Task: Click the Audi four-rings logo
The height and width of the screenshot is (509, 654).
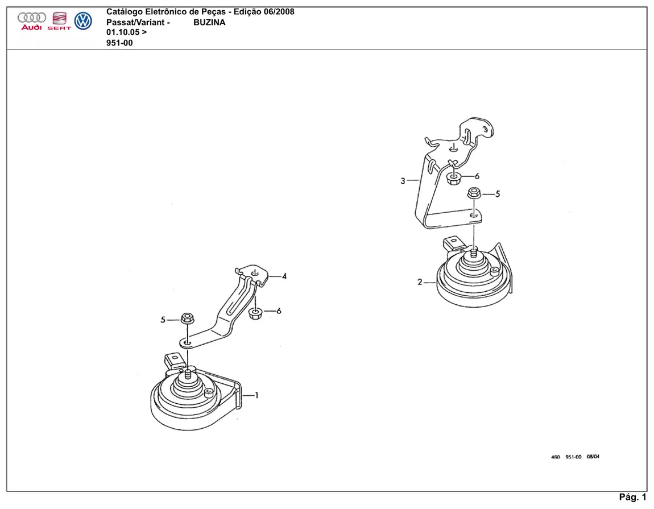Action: pos(32,18)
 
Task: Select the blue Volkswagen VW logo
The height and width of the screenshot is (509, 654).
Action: pos(83,21)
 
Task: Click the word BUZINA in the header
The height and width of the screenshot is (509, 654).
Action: pos(209,23)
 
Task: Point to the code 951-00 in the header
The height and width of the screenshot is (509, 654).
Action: pos(119,43)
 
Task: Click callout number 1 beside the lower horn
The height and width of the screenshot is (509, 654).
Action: pos(256,395)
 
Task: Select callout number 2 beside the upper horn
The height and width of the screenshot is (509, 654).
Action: pos(420,282)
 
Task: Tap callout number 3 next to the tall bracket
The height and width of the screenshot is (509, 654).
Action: pos(403,181)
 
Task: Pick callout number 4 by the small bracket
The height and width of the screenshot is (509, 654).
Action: pos(284,276)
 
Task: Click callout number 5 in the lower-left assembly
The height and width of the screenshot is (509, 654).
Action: pos(163,320)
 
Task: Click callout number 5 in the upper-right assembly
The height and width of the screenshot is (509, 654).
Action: pos(497,194)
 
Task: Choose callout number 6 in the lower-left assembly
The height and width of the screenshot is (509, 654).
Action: pos(279,311)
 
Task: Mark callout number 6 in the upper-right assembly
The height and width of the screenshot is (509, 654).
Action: pos(477,176)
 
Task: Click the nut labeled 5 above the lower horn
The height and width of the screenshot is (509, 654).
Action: pos(187,318)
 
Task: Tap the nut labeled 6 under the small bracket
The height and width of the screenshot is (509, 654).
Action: pos(255,313)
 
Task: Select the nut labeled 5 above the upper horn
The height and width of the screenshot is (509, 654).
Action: pos(474,193)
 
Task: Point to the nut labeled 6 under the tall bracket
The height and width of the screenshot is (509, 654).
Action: pos(453,179)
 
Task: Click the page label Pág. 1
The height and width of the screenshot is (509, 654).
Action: pos(632,497)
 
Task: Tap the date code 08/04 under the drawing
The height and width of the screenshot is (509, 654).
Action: pos(593,457)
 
